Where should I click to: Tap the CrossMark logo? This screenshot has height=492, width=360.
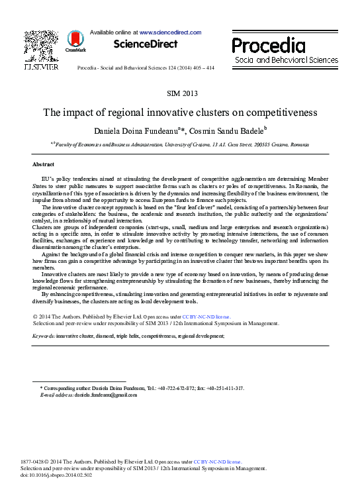(75, 44)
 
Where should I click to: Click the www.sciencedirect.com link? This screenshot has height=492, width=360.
(169, 32)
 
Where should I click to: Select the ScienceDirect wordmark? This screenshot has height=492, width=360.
(146, 44)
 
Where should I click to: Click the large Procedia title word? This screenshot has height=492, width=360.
(269, 46)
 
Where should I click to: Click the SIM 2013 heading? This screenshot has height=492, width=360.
(180, 93)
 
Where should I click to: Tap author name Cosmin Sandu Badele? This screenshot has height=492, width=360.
(226, 130)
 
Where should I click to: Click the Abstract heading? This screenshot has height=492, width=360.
(44, 164)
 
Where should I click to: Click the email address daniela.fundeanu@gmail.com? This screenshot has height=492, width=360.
(106, 395)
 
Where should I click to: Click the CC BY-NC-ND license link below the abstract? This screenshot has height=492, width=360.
(206, 317)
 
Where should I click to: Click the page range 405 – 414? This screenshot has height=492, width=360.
(200, 68)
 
